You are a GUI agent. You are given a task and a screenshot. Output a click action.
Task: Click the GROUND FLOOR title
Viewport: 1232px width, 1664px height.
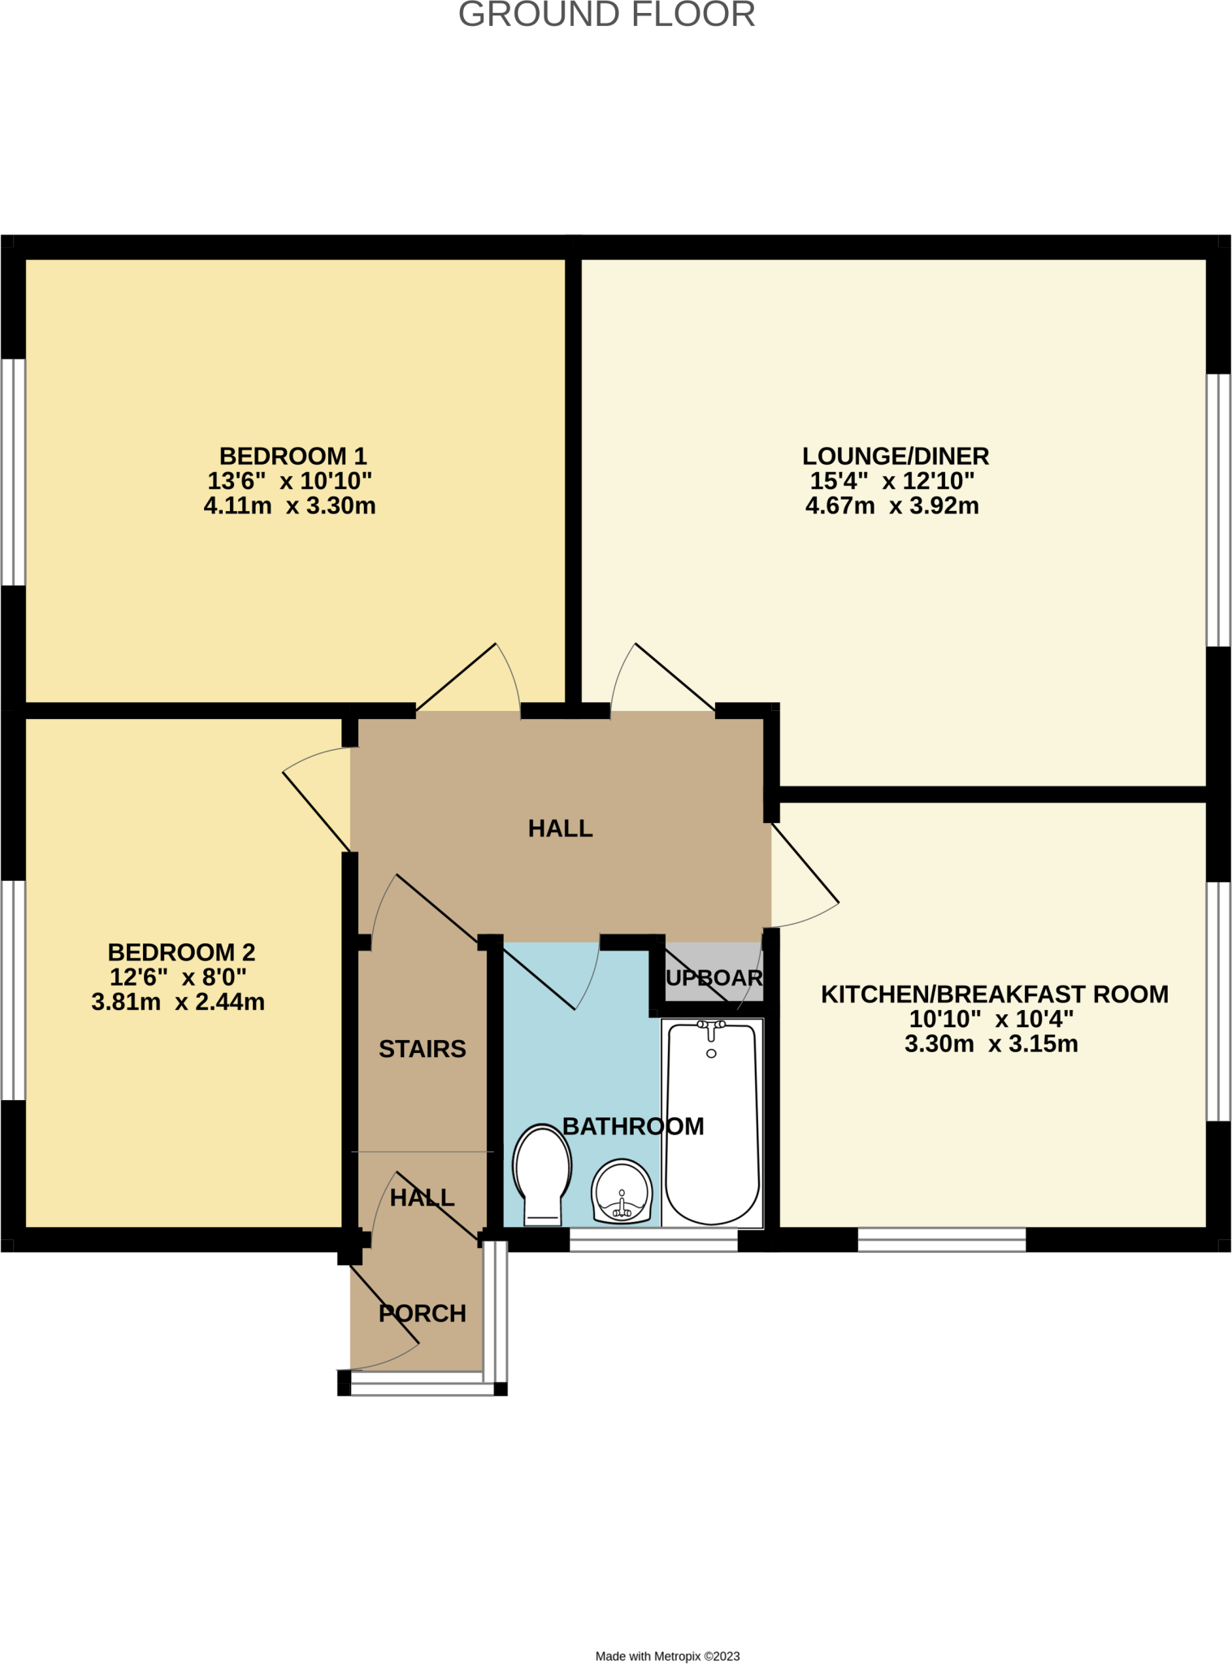tap(606, 15)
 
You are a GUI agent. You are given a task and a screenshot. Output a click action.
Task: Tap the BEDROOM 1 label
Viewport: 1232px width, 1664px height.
tap(293, 456)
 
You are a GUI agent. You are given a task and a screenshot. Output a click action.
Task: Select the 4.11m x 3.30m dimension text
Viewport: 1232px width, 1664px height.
tap(289, 506)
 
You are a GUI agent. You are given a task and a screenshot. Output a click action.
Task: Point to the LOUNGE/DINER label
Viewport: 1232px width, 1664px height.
tap(896, 456)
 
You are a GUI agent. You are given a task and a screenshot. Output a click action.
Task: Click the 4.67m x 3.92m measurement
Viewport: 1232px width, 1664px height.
tap(891, 506)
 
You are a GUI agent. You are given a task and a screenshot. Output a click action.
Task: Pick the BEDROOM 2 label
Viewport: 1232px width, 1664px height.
tap(181, 951)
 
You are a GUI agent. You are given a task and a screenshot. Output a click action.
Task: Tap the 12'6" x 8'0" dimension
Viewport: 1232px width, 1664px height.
tap(178, 977)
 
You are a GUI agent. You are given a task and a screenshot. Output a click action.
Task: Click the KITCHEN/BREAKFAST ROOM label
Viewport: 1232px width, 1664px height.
tap(994, 994)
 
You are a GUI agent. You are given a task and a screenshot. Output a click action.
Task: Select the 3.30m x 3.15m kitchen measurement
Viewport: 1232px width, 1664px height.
tap(991, 1044)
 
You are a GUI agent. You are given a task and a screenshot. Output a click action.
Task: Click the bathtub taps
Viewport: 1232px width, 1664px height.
tap(711, 1028)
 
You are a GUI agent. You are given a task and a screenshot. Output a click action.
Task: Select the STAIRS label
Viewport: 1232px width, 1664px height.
tap(422, 1049)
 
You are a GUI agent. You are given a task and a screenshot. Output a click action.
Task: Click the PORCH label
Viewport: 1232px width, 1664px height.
tap(422, 1313)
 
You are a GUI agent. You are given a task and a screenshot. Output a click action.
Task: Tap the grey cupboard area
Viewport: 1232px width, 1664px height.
tap(714, 972)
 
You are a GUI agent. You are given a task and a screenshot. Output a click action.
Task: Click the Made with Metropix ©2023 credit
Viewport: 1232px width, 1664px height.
tap(667, 1656)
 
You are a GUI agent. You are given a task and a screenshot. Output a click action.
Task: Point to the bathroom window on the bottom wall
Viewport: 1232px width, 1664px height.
tap(653, 1240)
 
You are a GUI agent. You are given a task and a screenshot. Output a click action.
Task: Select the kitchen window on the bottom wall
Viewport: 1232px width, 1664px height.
tap(942, 1240)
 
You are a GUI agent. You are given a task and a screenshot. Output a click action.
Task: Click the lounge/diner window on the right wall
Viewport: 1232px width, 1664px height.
tap(1217, 509)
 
